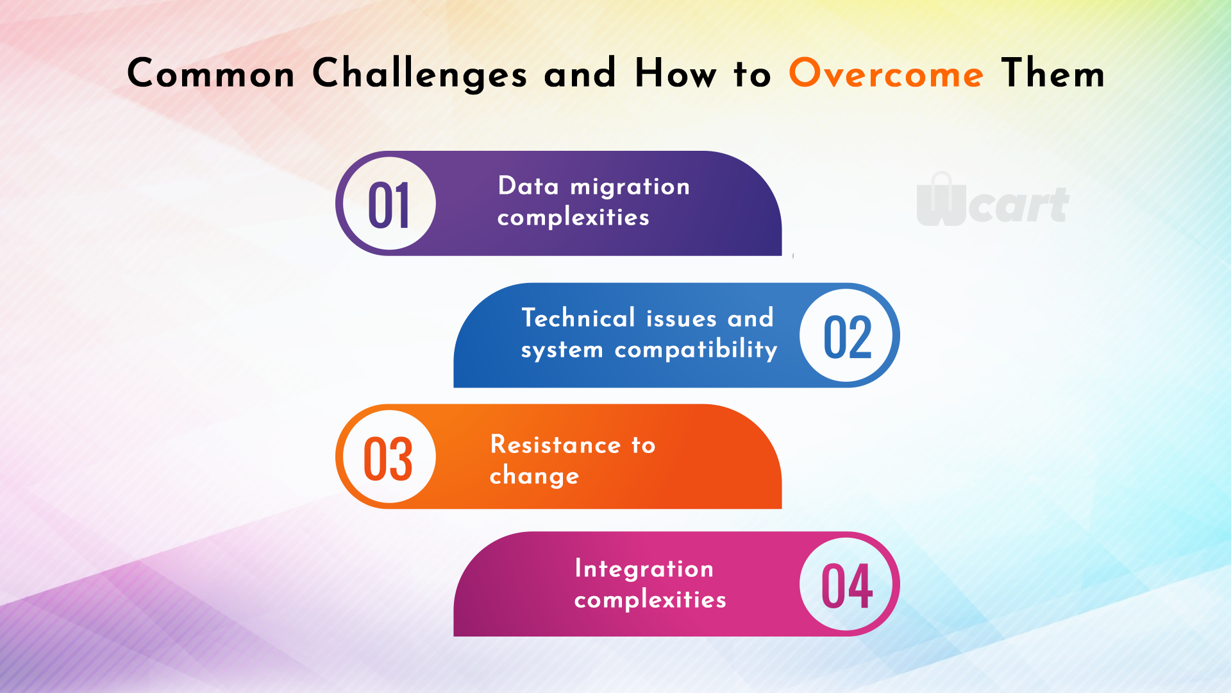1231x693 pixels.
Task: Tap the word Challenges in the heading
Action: pos(420,74)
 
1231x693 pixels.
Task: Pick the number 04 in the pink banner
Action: pos(847,585)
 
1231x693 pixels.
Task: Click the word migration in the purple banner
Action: pos(630,187)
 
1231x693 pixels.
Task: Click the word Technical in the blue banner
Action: pos(578,318)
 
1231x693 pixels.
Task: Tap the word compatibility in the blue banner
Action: pos(696,350)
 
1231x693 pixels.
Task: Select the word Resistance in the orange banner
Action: pos(556,445)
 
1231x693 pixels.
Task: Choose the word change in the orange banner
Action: pos(534,477)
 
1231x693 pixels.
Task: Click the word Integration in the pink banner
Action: pos(644,569)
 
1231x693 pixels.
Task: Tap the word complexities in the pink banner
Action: pos(650,600)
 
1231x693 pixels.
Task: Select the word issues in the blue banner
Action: pos(682,318)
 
